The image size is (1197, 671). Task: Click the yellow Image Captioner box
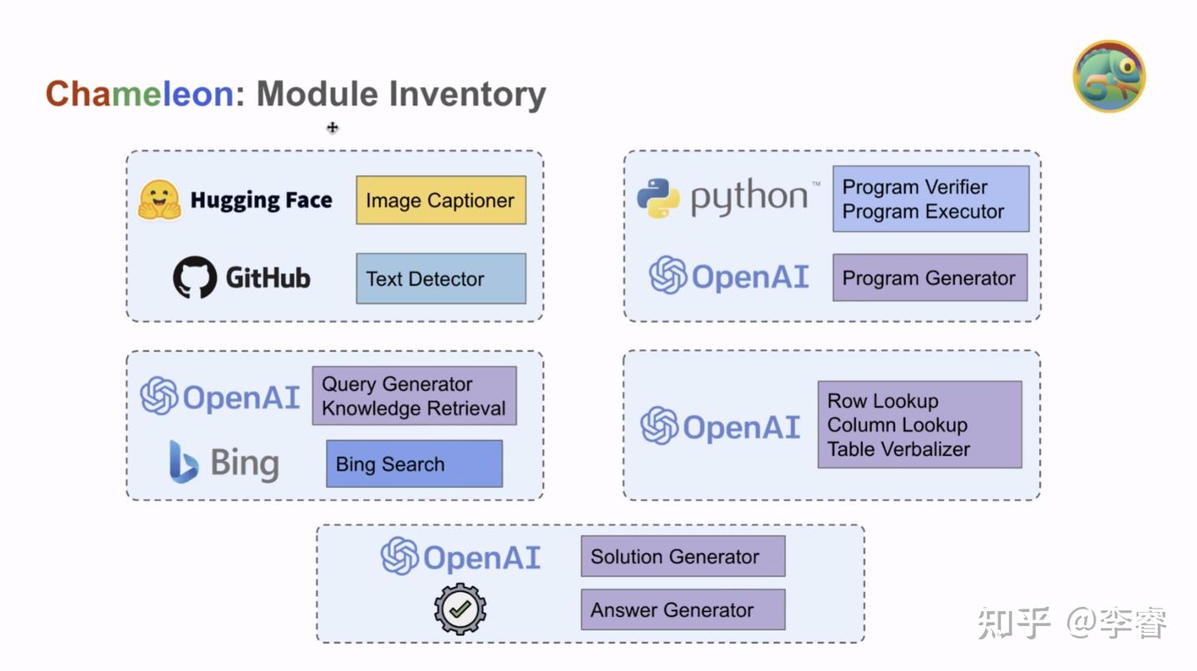(441, 200)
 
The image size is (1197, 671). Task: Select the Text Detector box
(441, 279)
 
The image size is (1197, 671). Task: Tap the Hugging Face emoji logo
(160, 200)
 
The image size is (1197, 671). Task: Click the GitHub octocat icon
(195, 278)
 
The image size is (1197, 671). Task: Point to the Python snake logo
(658, 198)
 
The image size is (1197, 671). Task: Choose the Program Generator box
(929, 279)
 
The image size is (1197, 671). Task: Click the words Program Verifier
(914, 187)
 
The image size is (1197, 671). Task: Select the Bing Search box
(414, 464)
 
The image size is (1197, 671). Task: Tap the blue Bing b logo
(184, 462)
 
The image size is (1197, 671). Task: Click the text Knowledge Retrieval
(413, 408)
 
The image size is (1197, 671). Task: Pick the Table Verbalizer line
(898, 449)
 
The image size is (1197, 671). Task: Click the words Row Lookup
(882, 401)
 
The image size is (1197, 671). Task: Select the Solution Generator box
(682, 557)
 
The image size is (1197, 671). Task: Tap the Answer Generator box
(682, 609)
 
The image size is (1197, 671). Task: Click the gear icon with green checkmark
(460, 609)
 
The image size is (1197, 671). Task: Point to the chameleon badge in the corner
(1109, 76)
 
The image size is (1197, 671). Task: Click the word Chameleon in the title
(139, 94)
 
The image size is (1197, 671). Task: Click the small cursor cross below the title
(332, 127)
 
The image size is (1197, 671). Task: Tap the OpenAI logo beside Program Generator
(668, 276)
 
